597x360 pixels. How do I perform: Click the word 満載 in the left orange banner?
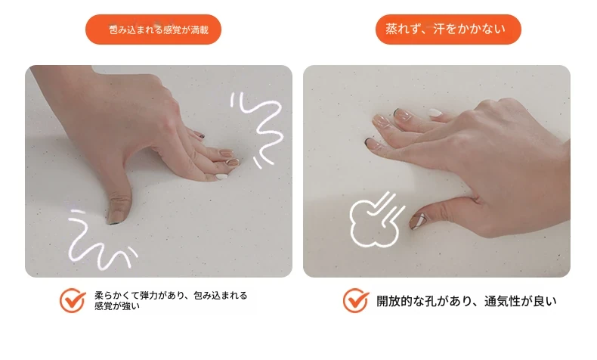200,29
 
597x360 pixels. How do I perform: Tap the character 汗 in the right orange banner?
439,29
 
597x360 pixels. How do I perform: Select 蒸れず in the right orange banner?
403,29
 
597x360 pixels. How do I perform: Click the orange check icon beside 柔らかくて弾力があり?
73,300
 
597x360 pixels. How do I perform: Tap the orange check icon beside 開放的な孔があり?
356,300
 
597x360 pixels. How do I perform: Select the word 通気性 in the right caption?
503,301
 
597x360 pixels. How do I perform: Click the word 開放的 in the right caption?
394,301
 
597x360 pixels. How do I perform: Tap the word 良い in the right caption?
545,301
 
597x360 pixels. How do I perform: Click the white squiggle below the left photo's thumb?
101,240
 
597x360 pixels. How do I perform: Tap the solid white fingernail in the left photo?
221,176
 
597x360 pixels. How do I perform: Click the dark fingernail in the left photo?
201,135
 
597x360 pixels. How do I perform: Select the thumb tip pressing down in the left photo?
116,216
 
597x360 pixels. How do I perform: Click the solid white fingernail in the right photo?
435,113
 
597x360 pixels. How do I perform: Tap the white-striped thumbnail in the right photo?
419,221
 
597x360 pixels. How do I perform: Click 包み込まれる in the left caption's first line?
221,295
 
